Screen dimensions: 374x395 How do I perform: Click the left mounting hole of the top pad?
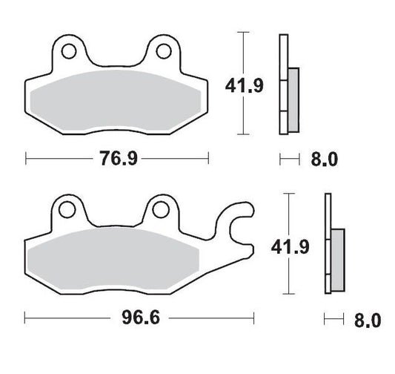tap(69, 53)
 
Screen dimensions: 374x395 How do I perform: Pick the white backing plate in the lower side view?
tap(327, 245)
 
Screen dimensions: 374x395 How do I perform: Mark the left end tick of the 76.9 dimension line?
tap(27, 158)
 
